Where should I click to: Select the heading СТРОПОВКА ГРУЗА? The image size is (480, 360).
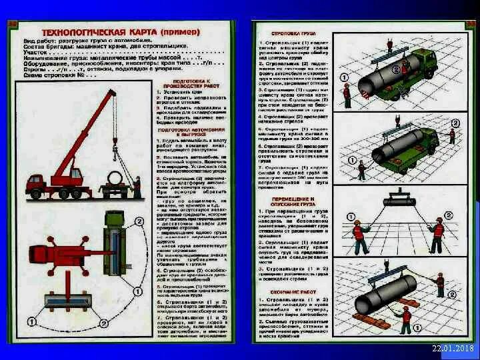pos(288,33)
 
